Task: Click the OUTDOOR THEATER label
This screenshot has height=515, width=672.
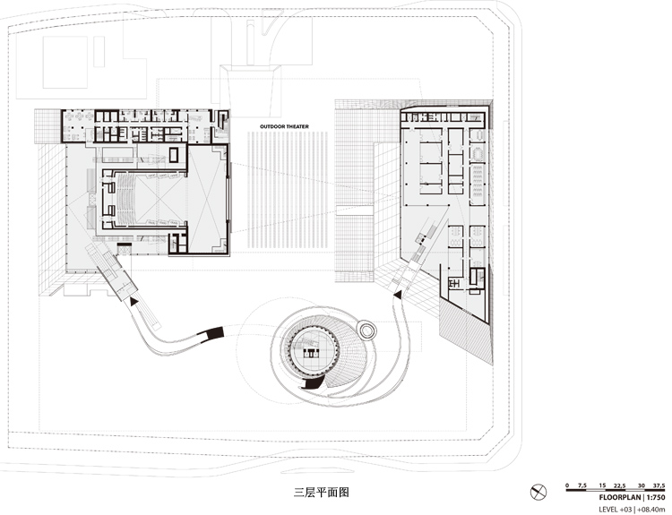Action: (x=284, y=126)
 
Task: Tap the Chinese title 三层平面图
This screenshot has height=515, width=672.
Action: (x=322, y=493)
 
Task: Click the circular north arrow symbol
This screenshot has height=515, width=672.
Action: (x=538, y=492)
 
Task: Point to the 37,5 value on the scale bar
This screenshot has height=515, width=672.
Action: (x=659, y=485)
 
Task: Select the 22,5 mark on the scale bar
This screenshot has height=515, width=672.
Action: (x=619, y=485)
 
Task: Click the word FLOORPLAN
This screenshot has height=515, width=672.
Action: (x=619, y=497)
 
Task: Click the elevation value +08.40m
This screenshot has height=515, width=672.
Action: (x=651, y=510)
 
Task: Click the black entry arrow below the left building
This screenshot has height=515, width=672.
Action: (x=134, y=301)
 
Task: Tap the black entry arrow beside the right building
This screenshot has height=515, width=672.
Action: (x=398, y=294)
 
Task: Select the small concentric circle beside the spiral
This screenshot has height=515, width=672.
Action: (x=366, y=330)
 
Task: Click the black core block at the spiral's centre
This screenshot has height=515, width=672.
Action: (x=311, y=353)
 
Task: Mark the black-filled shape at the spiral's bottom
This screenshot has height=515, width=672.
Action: (x=313, y=384)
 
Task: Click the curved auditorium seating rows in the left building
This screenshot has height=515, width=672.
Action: (x=126, y=198)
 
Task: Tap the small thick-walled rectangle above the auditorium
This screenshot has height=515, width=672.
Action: (x=174, y=155)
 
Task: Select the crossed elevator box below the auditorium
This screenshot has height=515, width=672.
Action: (x=125, y=248)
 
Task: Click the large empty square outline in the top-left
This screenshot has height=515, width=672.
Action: (x=65, y=62)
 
